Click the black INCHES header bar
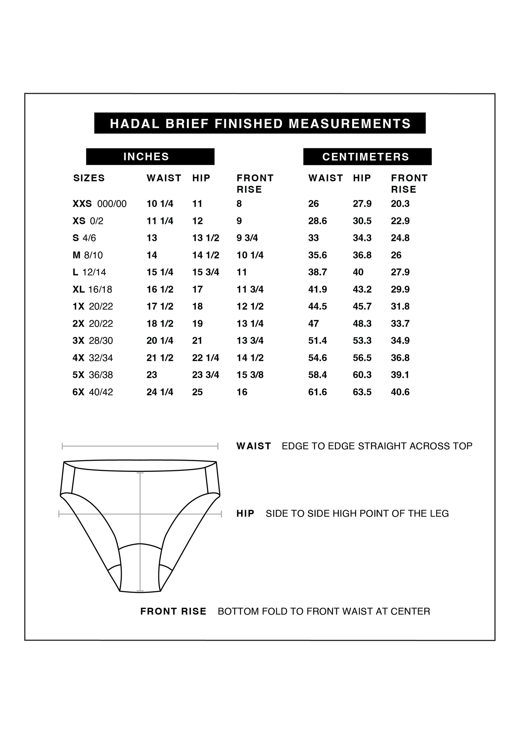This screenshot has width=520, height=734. [x=150, y=157]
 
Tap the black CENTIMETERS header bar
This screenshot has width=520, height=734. [x=367, y=157]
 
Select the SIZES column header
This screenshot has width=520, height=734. [x=89, y=178]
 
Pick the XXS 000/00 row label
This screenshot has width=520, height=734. [x=99, y=204]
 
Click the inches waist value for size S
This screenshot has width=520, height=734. [x=152, y=238]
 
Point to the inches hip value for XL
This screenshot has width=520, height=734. [x=198, y=290]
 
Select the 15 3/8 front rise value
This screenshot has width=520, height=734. [x=250, y=375]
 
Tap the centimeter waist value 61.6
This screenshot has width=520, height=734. [x=318, y=392]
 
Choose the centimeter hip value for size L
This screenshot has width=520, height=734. [x=358, y=272]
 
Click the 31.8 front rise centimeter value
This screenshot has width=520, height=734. [x=400, y=306]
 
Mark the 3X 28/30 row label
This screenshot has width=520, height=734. [x=93, y=341]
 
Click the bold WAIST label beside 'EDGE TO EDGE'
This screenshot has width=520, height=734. [x=254, y=446]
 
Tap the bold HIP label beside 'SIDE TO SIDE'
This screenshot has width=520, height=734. [x=245, y=513]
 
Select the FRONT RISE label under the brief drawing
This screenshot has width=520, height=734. [x=173, y=611]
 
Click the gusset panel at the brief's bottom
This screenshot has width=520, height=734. [x=140, y=569]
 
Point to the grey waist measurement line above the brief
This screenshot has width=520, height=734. [x=140, y=446]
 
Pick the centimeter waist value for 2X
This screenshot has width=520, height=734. [x=313, y=324]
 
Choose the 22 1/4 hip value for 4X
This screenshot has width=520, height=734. [x=206, y=358]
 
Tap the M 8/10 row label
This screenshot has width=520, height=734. [x=88, y=256]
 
